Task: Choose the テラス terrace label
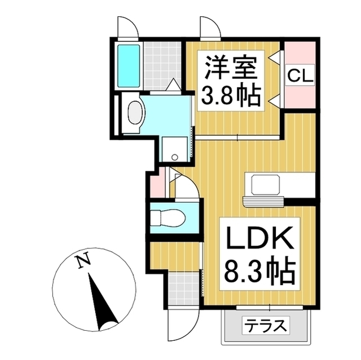266,326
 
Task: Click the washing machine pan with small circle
174,149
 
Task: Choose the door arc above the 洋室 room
209,26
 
